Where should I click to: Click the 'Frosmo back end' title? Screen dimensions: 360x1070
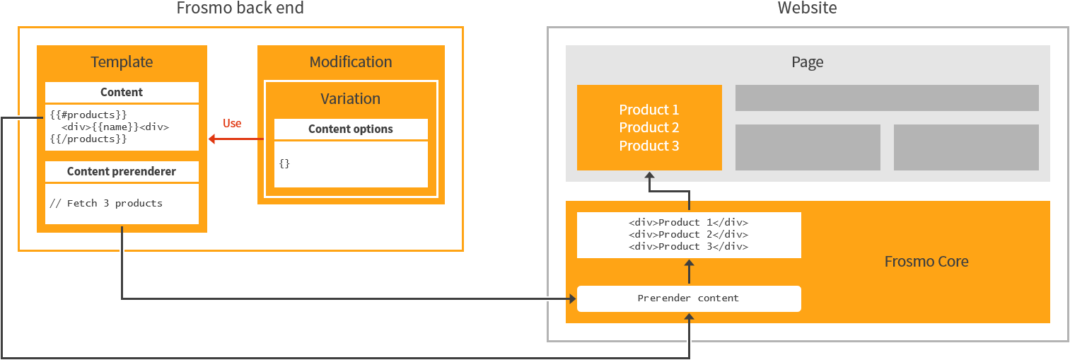240,8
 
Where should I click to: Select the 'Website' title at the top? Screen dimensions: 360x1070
807,8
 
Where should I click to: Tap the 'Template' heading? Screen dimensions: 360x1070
122,62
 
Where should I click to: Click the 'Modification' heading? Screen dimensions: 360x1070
351,62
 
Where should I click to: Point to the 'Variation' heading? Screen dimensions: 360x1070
351,99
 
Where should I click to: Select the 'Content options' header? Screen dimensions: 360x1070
351,129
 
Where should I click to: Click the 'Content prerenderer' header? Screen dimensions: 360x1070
122,172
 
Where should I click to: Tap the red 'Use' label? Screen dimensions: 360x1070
232,124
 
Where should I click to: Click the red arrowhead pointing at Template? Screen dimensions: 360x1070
212,139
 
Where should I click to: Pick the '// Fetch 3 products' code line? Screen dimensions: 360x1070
106,204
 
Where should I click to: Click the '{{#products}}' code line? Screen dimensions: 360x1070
88,115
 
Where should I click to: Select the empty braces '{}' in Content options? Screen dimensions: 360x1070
284,163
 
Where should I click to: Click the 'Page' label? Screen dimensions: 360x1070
807,62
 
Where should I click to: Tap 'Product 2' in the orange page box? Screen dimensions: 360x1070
649,128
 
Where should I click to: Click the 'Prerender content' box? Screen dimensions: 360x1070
689,298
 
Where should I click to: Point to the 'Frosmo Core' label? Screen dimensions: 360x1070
926,262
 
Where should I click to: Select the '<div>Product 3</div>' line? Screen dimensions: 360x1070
689,247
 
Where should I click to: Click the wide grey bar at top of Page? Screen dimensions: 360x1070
887,98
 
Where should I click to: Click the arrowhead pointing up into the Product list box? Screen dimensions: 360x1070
649,175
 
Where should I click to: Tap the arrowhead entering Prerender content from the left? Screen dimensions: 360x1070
572,298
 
